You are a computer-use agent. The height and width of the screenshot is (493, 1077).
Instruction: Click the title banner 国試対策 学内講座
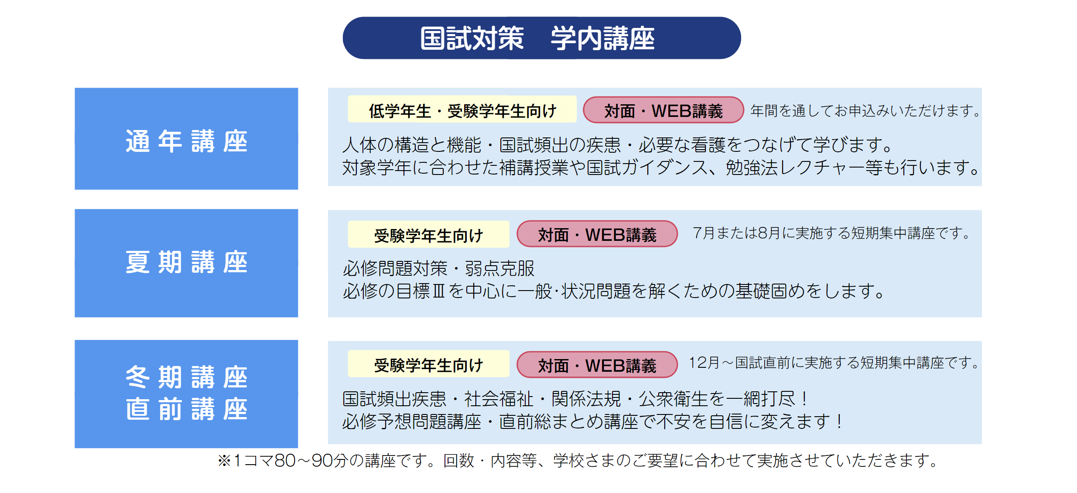541,38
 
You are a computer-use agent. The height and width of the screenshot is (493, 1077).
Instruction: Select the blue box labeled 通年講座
186,139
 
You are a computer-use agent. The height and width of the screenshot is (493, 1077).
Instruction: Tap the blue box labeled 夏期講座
186,263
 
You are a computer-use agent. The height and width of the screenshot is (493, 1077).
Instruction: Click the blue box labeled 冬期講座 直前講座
186,394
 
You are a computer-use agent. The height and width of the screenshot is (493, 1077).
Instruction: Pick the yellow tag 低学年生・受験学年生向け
462,110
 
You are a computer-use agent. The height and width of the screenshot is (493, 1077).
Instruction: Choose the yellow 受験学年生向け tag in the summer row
428,234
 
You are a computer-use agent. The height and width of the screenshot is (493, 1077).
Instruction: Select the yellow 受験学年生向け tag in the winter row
428,364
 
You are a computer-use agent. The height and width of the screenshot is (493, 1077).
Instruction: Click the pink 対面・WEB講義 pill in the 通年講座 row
663,110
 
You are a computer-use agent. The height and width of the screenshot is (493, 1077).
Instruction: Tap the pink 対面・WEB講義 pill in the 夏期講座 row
597,234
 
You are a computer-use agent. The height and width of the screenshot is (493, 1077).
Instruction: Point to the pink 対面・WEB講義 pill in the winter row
597,365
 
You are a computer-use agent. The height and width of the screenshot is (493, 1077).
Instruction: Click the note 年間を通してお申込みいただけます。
865,110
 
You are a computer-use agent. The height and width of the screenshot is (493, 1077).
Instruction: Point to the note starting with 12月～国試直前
834,363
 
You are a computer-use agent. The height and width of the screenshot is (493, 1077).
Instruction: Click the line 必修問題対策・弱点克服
438,268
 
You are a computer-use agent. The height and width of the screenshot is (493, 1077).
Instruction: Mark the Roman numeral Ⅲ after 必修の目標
438,291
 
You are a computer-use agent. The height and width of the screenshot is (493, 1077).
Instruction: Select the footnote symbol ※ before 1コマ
224,461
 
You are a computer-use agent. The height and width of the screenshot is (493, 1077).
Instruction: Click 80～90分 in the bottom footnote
312,461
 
